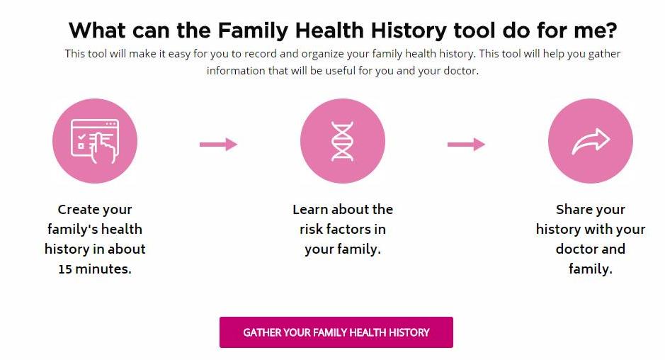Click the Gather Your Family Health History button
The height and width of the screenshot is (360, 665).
pos(336,332)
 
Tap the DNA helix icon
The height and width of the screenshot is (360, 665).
pos(342,141)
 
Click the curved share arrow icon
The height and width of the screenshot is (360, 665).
pos(591,141)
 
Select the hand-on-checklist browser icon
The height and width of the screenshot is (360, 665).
pos(95,141)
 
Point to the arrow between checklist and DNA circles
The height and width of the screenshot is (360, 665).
pos(218,145)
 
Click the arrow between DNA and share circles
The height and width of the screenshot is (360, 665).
pos(466,145)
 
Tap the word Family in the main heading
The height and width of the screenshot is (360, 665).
pos(254,30)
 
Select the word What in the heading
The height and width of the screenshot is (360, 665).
pos(97,30)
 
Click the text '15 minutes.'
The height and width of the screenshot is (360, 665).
pos(95,269)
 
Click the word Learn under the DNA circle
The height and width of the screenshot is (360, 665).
pos(310,209)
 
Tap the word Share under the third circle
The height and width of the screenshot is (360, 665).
pos(572,209)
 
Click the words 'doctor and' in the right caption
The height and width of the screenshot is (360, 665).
pos(591,249)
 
